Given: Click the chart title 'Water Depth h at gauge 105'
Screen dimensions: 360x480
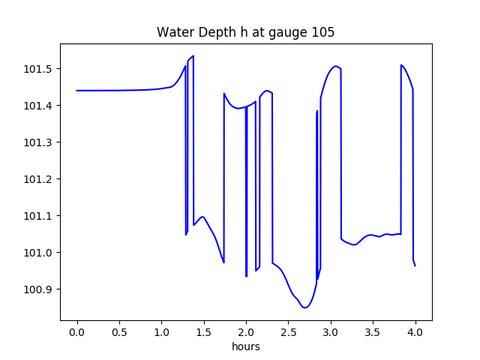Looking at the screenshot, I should click(245, 33).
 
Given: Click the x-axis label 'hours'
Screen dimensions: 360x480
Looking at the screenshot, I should click(246, 347).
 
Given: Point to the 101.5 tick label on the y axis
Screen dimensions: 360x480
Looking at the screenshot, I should click(37, 69).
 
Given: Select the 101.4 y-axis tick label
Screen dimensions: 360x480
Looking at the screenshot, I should click(37, 106).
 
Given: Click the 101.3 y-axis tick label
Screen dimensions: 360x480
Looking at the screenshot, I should click(37, 142).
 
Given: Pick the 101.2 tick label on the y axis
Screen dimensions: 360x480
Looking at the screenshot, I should click(37, 179).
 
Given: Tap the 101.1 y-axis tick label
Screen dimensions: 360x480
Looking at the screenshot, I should click(37, 216).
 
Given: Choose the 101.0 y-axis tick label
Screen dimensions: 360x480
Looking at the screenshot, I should click(37, 253).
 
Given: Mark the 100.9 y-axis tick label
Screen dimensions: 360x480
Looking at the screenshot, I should click(37, 289).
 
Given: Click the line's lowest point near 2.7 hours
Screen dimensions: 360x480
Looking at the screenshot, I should click(305, 307).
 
